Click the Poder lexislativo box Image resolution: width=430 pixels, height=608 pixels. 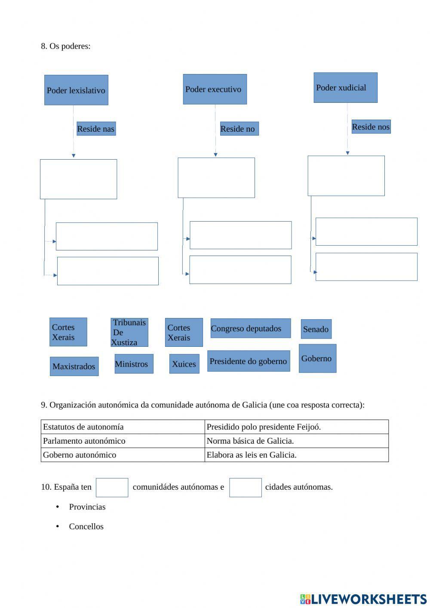[76, 90]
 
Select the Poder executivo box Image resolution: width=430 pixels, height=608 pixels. [215, 89]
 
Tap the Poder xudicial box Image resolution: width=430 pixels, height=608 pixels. [345, 87]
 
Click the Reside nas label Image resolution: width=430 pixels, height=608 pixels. [96, 129]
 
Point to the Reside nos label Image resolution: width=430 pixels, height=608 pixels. [371, 127]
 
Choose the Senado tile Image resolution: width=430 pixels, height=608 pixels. [316, 329]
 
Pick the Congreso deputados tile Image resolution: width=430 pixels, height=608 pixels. [250, 328]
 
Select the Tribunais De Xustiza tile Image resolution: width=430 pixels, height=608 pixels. [129, 332]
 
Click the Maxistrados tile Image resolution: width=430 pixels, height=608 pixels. [74, 366]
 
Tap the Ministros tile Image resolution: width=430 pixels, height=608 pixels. [134, 364]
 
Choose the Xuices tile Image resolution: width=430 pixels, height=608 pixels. [184, 364]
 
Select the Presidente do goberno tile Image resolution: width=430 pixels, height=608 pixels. [249, 361]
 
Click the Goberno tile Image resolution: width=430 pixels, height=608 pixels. [317, 358]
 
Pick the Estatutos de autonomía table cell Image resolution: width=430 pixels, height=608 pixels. [123, 427]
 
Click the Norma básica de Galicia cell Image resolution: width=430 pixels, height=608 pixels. [296, 441]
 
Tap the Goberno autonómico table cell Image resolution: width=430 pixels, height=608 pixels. [123, 455]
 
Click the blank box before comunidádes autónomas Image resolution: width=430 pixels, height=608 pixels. [112, 488]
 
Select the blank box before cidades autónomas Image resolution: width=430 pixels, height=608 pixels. [245, 488]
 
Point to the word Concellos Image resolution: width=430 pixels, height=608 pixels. [86, 526]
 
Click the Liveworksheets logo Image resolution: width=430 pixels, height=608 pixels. [363, 599]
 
